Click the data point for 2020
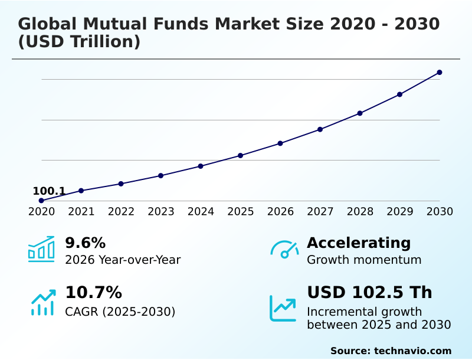coord(41,201)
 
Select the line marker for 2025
coord(240,155)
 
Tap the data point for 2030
coord(440,73)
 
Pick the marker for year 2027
coord(320,129)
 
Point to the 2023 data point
coord(160,175)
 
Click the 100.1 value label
coord(49,191)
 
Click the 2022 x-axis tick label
coord(121,212)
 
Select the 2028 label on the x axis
coord(360,212)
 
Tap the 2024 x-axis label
coord(201,212)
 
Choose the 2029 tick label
coord(400,212)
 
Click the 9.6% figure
coord(85,243)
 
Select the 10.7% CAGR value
coord(93,293)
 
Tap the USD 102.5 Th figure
coord(369,293)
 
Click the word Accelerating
coord(359,243)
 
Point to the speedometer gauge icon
coord(284,249)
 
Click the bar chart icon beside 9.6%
coord(41,249)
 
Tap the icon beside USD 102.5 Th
coord(283,308)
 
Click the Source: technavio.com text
coord(391,351)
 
